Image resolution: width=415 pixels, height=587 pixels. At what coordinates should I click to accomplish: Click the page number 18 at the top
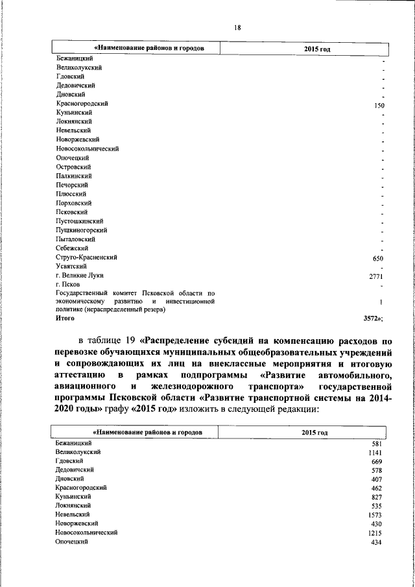click(237, 27)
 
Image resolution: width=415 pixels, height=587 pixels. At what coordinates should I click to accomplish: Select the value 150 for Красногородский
click(379, 105)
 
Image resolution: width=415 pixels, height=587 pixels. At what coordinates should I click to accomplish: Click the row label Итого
click(65, 318)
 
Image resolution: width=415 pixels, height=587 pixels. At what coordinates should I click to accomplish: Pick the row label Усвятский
click(72, 267)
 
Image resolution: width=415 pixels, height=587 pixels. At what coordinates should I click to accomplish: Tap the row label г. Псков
click(68, 285)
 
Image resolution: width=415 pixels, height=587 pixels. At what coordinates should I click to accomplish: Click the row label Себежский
click(72, 248)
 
